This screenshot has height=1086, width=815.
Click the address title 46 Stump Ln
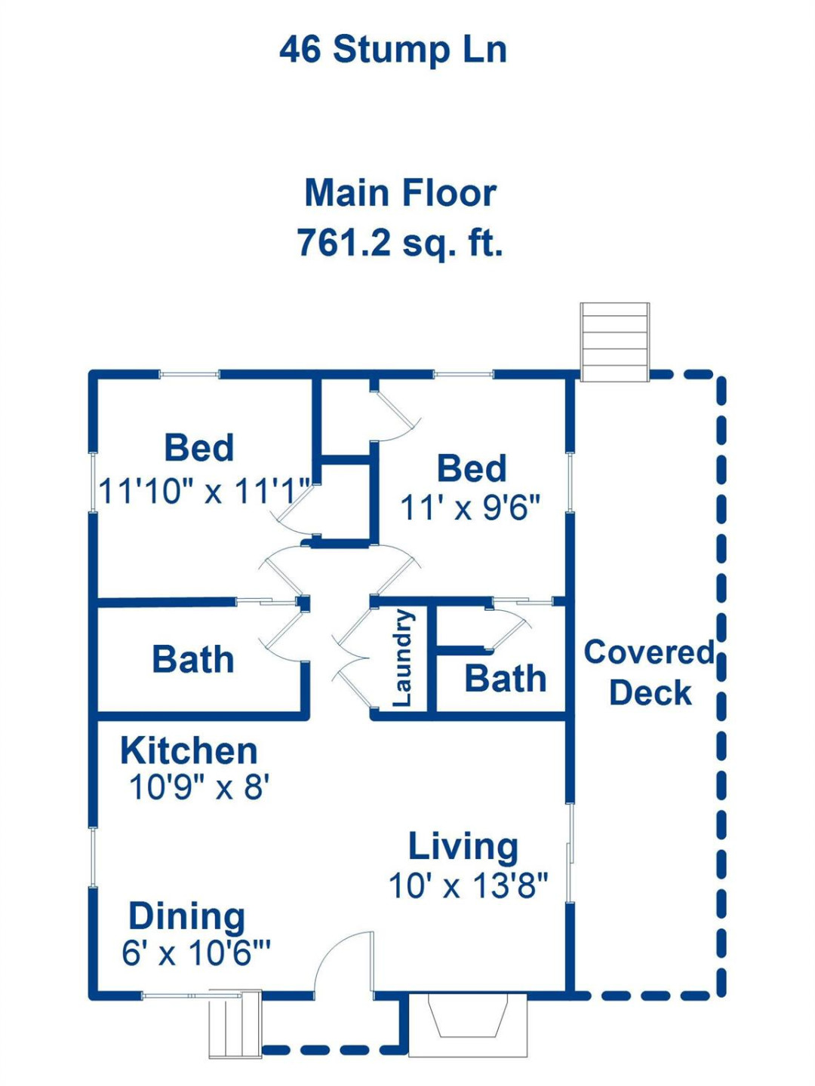[x=392, y=50]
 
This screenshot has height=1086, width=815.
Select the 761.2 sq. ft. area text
[x=399, y=243]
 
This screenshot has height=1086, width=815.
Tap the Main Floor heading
[x=400, y=193]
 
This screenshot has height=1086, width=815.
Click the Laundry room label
[x=403, y=658]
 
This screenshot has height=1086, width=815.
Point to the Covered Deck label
[x=649, y=672]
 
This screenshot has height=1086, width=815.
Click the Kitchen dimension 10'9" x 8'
[x=199, y=787]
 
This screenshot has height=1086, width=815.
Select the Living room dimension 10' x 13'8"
[x=468, y=885]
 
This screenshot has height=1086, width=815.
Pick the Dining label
[x=186, y=916]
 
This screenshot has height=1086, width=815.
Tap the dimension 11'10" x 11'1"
[x=205, y=491]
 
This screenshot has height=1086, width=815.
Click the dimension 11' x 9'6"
[x=470, y=508]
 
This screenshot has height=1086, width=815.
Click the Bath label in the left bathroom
[x=193, y=659]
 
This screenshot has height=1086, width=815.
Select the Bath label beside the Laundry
[x=505, y=679]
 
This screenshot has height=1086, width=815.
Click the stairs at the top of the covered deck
[x=614, y=342]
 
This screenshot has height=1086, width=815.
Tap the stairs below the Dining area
[x=235, y=1024]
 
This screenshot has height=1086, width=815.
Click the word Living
[x=463, y=846]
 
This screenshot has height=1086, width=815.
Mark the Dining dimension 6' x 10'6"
[x=195, y=953]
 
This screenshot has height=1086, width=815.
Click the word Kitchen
[x=189, y=750]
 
